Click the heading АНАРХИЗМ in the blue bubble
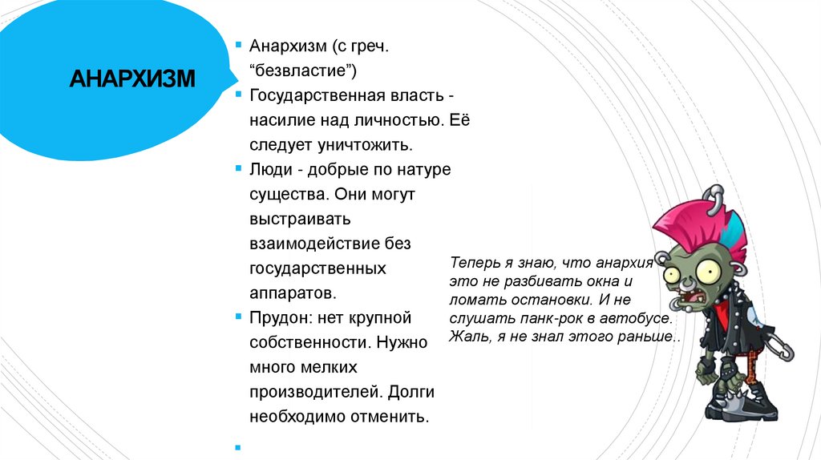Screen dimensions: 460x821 click(x=132, y=79)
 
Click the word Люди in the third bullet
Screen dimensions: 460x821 click(x=267, y=170)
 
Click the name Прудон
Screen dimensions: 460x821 click(x=276, y=317)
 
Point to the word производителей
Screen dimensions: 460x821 click(x=317, y=392)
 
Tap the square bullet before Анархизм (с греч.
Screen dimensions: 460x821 click(x=238, y=47)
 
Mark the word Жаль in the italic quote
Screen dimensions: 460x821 click(x=467, y=337)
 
